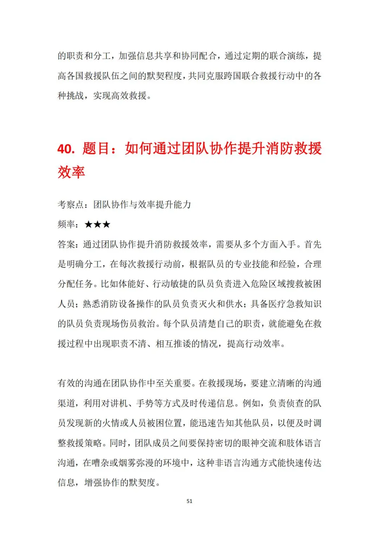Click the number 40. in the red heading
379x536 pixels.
click(66, 149)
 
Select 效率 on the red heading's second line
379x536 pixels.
click(71, 172)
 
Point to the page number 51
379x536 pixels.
click(189, 501)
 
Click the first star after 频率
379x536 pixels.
click(89, 224)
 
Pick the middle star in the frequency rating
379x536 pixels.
click(98, 224)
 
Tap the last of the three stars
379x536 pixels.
click(106, 224)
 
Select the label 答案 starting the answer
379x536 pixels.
click(66, 244)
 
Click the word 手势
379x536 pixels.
click(145, 403)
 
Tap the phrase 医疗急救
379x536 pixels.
click(286, 304)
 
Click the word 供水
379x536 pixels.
click(234, 304)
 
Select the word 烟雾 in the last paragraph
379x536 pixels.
click(127, 463)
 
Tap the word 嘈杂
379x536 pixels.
click(101, 463)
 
